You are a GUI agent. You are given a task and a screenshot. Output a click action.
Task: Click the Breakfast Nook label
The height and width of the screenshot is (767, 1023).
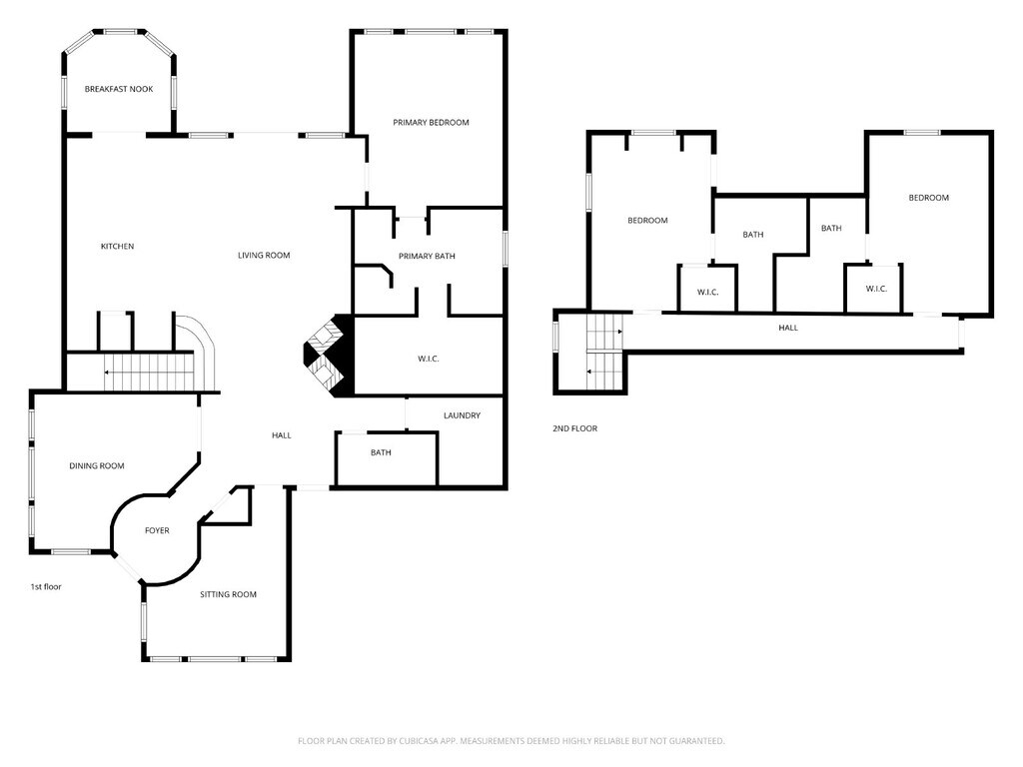point(119,89)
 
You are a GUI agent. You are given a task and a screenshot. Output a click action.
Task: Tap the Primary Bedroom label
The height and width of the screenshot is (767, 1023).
point(431,123)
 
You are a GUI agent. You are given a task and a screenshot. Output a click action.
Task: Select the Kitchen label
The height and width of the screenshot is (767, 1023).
point(118,247)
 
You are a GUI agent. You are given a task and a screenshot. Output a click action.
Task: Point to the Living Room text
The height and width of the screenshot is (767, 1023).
point(264,256)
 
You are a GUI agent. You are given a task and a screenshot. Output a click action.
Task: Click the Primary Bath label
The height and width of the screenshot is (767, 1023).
point(427,257)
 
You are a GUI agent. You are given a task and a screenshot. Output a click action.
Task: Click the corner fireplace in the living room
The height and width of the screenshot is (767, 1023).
point(328,356)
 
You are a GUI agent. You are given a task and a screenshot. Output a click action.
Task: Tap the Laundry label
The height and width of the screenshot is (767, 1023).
point(462,415)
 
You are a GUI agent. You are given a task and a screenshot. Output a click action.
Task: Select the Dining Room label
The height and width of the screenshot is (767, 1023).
point(97,466)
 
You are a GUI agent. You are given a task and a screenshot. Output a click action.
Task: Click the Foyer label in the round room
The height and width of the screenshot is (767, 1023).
point(157,531)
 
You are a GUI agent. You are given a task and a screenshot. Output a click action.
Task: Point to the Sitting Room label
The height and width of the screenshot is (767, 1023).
point(229,595)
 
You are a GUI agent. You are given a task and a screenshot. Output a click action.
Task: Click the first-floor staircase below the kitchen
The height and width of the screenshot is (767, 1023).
point(150,372)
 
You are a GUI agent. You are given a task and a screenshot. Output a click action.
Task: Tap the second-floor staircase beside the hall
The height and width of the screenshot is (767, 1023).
point(604,353)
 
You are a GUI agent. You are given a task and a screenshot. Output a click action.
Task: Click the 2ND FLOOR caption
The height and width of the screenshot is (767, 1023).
point(574,428)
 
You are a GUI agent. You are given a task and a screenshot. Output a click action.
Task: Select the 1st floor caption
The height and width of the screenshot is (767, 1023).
point(46,587)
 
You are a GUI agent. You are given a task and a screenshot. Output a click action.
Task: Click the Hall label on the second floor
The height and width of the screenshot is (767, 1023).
point(788,328)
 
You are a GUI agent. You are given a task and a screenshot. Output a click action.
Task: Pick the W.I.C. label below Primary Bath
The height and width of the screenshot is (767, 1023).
point(428,360)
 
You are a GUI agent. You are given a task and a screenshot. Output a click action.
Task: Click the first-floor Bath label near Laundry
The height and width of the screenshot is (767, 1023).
point(381,452)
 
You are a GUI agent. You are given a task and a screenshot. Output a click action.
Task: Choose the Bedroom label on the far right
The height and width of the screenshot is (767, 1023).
point(928,198)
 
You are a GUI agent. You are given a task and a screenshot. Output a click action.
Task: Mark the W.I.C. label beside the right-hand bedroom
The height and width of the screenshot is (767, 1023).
point(876,289)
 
